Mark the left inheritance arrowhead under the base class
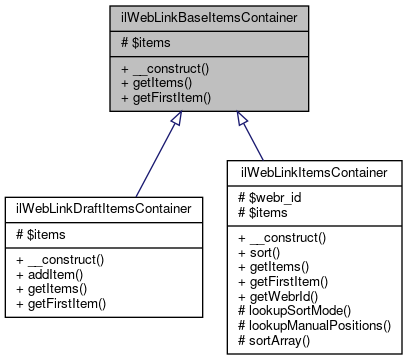pyautogui.click(x=176, y=120)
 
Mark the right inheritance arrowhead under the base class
pyautogui.click(x=240, y=120)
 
